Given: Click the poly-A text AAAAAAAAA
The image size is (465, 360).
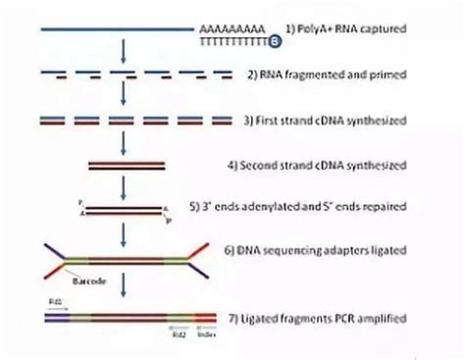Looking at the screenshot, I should (232, 31).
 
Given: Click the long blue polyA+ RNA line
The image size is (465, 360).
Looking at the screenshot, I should (118, 31).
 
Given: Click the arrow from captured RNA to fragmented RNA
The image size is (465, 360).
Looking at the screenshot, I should (123, 53).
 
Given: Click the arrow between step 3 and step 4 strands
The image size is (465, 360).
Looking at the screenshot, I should (123, 142).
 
